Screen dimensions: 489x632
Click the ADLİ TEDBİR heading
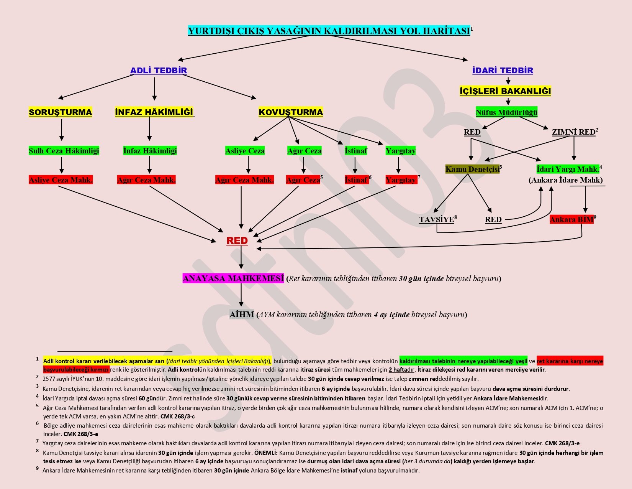[x=159, y=71]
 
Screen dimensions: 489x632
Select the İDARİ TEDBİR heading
[x=503, y=71]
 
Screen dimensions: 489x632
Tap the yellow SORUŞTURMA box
[x=61, y=112]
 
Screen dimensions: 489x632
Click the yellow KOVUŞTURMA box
[x=291, y=112]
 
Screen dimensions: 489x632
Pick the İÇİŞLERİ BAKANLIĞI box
[x=505, y=91]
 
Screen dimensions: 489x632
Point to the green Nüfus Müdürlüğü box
[x=506, y=112]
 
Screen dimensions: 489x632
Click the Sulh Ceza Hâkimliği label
[x=64, y=151]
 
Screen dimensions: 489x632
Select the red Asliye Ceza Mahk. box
[x=61, y=180]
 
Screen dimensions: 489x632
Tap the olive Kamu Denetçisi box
[x=472, y=169]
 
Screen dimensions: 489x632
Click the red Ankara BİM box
[x=571, y=219]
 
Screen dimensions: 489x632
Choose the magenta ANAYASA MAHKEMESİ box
[x=233, y=278]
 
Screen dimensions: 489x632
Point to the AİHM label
[x=242, y=314]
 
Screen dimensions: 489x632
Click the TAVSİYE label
[x=436, y=219]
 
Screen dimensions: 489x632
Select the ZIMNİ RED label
[x=573, y=132]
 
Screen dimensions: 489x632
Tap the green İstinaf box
[x=356, y=151]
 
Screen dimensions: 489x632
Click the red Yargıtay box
[x=401, y=180]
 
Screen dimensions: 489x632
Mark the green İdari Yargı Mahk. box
[x=568, y=169]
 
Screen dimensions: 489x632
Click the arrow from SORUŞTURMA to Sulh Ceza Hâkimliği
[x=62, y=130]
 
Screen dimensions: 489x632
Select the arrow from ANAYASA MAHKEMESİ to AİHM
[x=241, y=295]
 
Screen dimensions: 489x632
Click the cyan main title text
[x=329, y=31]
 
